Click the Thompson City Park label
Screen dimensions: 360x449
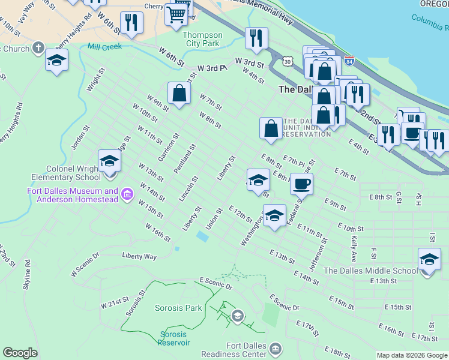pyautogui.click(x=202, y=39)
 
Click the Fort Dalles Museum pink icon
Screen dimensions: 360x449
pyautogui.click(x=127, y=194)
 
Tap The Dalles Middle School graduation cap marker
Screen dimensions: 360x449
pyautogui.click(x=429, y=260)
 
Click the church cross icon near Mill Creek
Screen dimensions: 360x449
pyautogui.click(x=38, y=48)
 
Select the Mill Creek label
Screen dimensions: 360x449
pyautogui.click(x=104, y=46)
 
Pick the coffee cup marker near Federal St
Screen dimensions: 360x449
pyautogui.click(x=301, y=184)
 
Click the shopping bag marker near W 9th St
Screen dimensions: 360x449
pyautogui.click(x=179, y=94)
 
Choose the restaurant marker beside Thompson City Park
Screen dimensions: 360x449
pyautogui.click(x=256, y=39)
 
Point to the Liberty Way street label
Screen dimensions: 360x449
pyautogui.click(x=139, y=256)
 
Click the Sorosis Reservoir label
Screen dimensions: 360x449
pyautogui.click(x=174, y=338)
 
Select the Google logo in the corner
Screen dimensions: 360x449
pyautogui.click(x=20, y=353)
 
